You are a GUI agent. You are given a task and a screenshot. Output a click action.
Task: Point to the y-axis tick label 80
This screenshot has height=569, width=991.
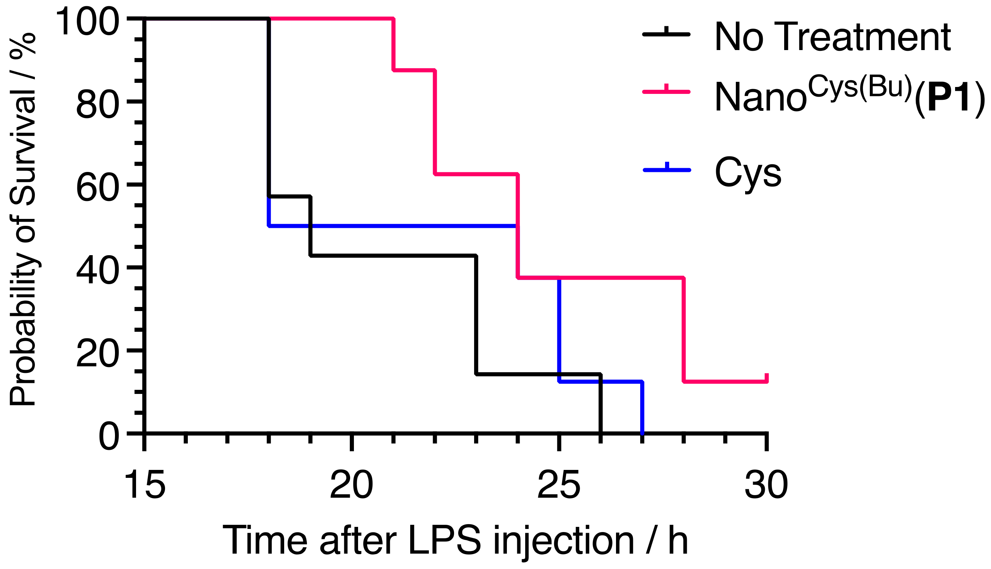pyautogui.click(x=98, y=105)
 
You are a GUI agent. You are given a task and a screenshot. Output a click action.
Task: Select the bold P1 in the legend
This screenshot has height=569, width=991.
pyautogui.click(x=949, y=98)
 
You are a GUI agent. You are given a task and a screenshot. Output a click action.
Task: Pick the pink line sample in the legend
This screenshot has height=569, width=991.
pyautogui.click(x=666, y=92)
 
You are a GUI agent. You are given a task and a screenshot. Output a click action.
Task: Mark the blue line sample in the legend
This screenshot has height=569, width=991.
pyautogui.click(x=667, y=170)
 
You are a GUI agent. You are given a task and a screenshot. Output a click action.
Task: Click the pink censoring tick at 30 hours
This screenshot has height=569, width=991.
pyautogui.click(x=767, y=377)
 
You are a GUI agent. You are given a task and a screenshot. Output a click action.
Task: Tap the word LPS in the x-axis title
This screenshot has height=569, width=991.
pyautogui.click(x=444, y=541)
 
